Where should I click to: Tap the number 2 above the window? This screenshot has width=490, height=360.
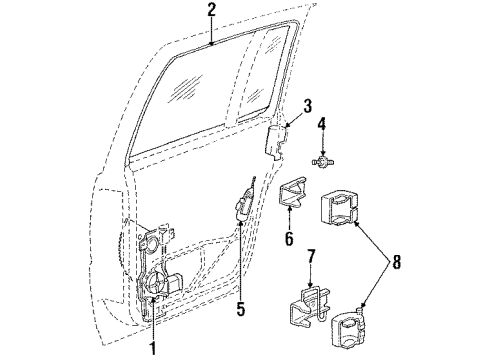(212, 11)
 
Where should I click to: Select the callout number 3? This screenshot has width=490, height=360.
(308, 105)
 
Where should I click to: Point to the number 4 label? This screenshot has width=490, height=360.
(322, 125)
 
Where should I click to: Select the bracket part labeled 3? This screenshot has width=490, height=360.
(277, 138)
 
